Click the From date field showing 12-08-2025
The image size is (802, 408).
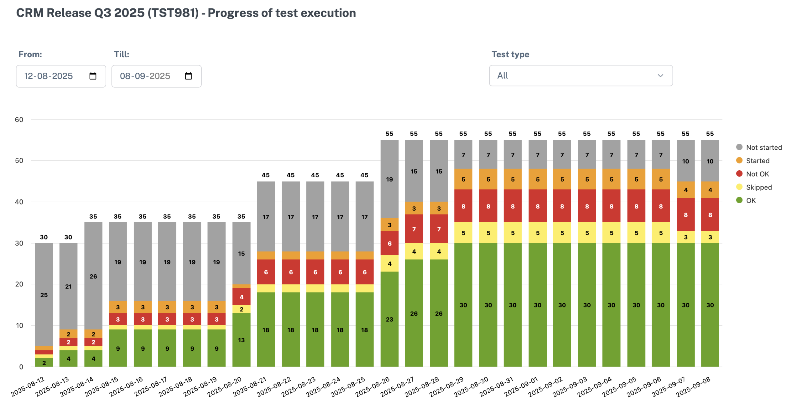49,76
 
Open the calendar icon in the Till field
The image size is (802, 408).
188,76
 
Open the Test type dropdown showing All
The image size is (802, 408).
581,76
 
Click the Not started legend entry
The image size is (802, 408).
763,147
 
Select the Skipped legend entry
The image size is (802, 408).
758,187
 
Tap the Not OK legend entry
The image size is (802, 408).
757,174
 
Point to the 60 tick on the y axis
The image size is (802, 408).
19,120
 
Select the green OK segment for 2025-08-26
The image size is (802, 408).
389,319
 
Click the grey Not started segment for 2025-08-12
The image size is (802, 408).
44,294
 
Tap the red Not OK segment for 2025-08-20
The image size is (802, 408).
241,297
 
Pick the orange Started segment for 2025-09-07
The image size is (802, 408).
685,190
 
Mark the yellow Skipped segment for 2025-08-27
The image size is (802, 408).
414,251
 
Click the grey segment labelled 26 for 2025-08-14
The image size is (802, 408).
93,276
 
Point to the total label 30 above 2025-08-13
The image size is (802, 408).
68,237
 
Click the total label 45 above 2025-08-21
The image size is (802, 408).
266,175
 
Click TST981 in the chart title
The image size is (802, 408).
173,13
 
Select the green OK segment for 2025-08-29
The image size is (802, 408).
463,305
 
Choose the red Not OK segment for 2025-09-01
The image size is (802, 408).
538,206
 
